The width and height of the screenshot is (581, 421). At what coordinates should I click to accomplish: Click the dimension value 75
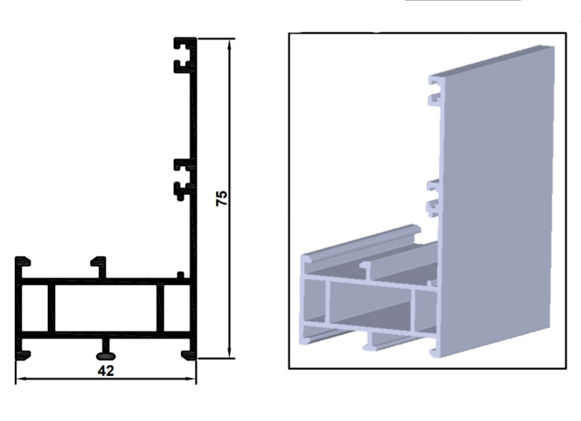pyautogui.click(x=221, y=198)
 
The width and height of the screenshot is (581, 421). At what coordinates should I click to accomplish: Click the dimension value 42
pyautogui.click(x=106, y=370)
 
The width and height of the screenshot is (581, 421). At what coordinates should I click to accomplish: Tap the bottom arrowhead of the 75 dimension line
pyautogui.click(x=230, y=353)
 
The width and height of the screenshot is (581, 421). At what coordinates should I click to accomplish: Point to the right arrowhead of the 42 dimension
pyautogui.click(x=190, y=379)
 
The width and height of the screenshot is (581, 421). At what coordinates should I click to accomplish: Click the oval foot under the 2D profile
pyautogui.click(x=106, y=357)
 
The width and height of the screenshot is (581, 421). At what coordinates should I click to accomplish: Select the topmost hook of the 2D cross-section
pyautogui.click(x=184, y=43)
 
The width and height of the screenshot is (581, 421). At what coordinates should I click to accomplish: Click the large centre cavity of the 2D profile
pyautogui.click(x=106, y=308)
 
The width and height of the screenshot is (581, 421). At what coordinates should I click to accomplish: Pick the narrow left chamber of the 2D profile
pyautogui.click(x=35, y=308)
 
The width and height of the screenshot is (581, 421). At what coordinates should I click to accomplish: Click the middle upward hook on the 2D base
pyautogui.click(x=99, y=266)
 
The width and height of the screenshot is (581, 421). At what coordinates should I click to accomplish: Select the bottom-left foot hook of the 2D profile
pyautogui.click(x=22, y=352)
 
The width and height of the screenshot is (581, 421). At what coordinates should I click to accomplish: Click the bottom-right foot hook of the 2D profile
pyautogui.click(x=189, y=353)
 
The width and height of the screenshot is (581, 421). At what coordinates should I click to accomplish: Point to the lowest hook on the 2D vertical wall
pyautogui.click(x=184, y=190)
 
